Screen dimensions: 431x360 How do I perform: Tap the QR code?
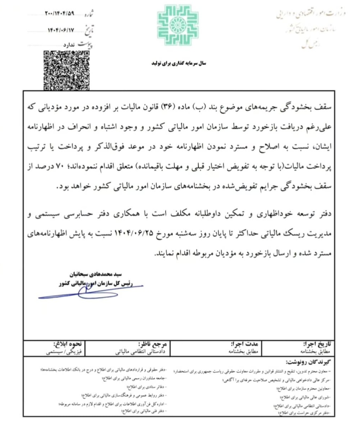coord(67,70)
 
